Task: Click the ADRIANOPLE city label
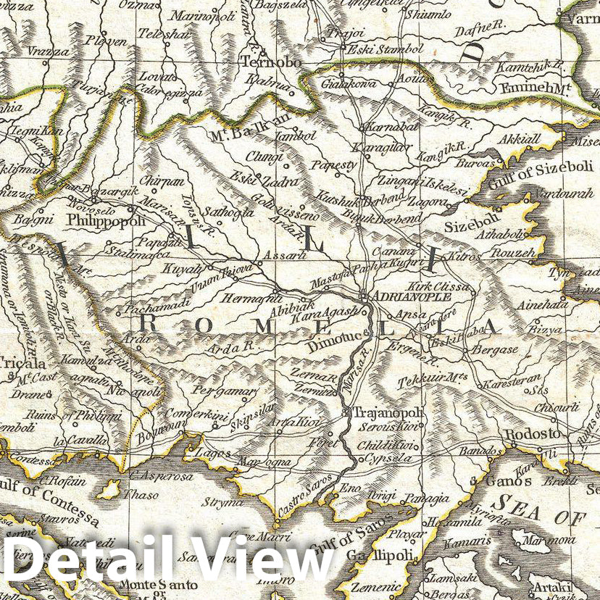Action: pos(410,296)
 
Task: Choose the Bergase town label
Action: pos(495,349)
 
